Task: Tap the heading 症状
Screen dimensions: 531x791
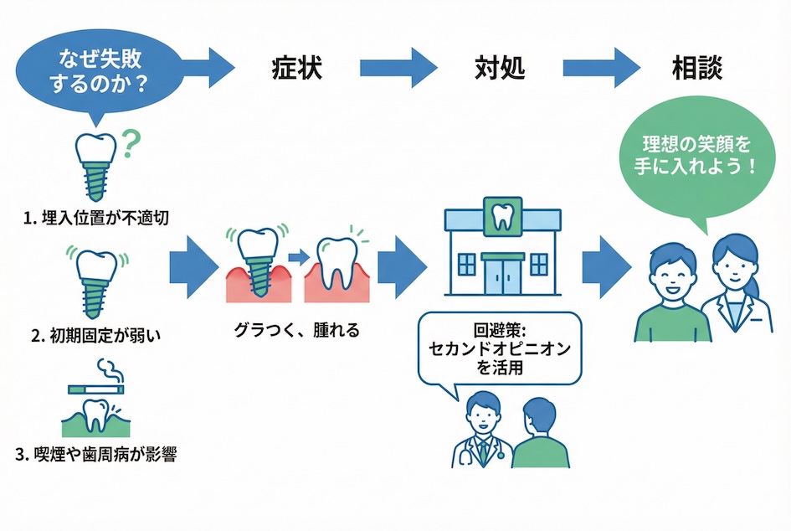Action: coord(297,68)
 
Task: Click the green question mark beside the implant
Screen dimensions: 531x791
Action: coord(130,143)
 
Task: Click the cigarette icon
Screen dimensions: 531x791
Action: coord(95,388)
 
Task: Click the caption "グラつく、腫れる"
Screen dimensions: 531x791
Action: coord(297,330)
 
